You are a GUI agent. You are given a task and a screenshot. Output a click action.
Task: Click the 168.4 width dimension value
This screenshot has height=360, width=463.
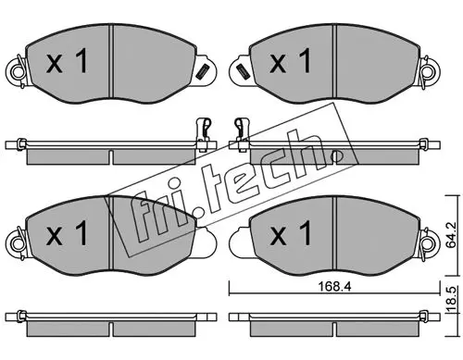334,287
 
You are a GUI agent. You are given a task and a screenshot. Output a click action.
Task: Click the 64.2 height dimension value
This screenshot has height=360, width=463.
451,235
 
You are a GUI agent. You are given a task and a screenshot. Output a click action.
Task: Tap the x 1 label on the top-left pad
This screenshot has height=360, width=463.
67,62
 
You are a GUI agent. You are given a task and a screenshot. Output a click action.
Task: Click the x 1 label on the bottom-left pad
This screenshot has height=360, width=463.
67,233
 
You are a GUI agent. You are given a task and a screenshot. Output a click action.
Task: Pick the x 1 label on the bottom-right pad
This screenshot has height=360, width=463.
291,233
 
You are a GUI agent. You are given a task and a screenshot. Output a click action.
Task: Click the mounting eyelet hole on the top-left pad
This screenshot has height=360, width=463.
18,72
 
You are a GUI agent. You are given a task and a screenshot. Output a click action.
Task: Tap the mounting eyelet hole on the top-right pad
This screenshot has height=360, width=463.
429,72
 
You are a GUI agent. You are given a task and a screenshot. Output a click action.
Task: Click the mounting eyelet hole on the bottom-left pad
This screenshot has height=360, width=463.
18,244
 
